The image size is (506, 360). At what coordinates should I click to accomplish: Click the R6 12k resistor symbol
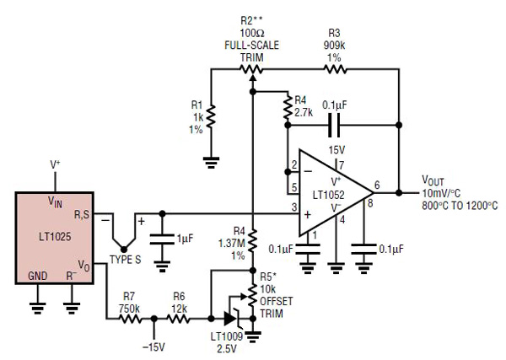[180, 319]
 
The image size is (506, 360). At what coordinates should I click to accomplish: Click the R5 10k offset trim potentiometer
[253, 295]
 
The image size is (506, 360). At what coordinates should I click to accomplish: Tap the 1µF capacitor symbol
[164, 239]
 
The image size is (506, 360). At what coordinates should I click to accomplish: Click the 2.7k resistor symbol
[288, 107]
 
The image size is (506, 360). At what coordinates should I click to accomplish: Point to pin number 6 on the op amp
[376, 184]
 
